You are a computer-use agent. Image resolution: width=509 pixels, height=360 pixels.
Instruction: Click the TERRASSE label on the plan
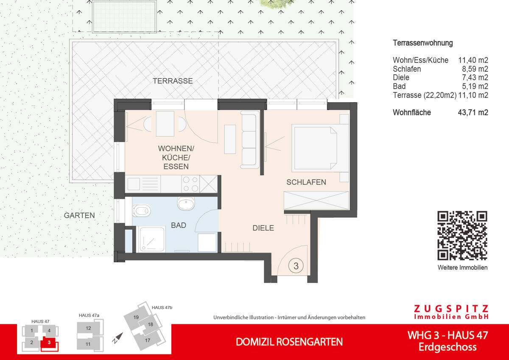(173, 81)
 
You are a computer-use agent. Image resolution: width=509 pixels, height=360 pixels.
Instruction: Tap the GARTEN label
(79, 216)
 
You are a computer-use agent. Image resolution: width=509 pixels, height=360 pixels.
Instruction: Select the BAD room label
(179, 225)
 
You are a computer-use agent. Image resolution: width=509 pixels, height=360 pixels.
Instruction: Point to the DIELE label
(263, 228)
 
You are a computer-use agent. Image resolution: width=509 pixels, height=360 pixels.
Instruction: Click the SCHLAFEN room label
(306, 182)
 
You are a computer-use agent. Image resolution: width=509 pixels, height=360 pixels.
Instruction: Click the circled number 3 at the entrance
(296, 266)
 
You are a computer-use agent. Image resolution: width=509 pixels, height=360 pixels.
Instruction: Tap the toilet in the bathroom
(141, 209)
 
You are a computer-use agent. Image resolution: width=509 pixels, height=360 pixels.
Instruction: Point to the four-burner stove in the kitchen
(190, 184)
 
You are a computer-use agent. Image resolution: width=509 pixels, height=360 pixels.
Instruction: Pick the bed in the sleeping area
(319, 148)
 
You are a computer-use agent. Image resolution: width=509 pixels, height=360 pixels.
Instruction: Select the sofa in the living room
(249, 139)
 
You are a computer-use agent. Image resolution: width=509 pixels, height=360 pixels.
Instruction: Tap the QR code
(462, 235)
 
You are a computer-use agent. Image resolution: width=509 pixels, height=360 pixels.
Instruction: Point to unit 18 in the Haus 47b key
(150, 325)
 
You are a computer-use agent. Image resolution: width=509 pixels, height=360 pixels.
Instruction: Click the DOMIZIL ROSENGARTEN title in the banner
(289, 342)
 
